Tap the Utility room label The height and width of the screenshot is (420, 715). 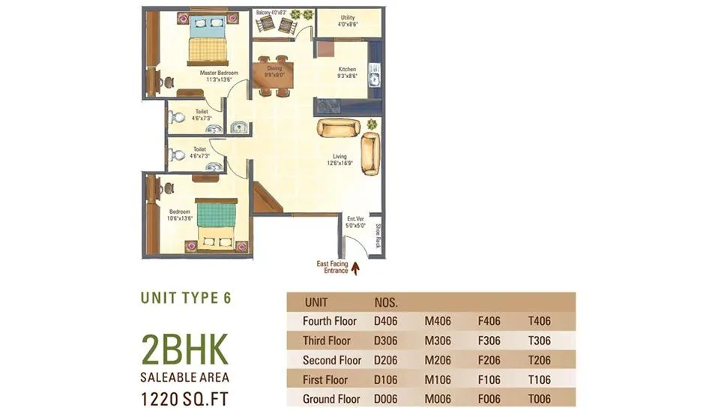point(348,20)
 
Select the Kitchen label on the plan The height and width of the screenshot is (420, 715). point(347,72)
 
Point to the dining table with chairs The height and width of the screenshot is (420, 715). point(273,76)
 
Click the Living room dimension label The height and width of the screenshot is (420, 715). point(339,160)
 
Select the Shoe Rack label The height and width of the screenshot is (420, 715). point(378,236)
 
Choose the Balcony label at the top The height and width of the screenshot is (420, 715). point(271,13)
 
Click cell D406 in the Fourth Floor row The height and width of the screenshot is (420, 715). point(386,321)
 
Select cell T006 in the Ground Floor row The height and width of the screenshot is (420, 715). point(539,399)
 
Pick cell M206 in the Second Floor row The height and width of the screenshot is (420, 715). point(438,360)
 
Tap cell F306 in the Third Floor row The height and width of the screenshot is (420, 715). point(490,340)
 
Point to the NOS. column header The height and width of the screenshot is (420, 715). point(386,302)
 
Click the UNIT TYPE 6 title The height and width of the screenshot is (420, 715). point(186,298)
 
